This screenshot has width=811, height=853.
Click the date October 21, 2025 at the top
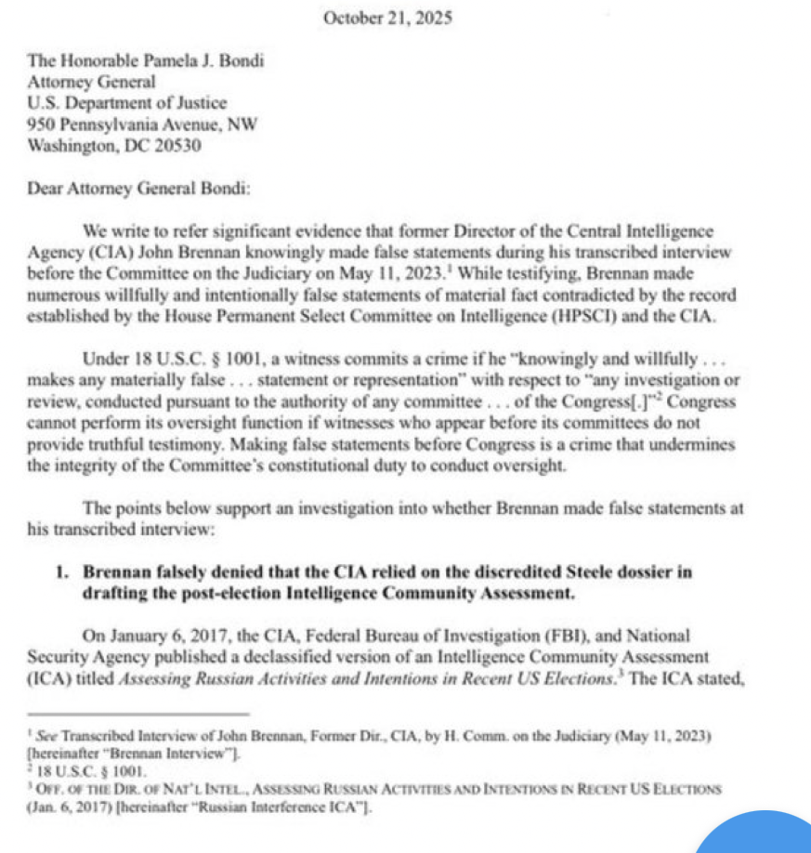coord(387,18)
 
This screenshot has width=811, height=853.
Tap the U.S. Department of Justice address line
coord(127,103)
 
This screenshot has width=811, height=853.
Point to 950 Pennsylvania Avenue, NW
coord(144,125)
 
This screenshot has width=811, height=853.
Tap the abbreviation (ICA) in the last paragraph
coord(47,677)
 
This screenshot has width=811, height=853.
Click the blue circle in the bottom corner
coord(762,833)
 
